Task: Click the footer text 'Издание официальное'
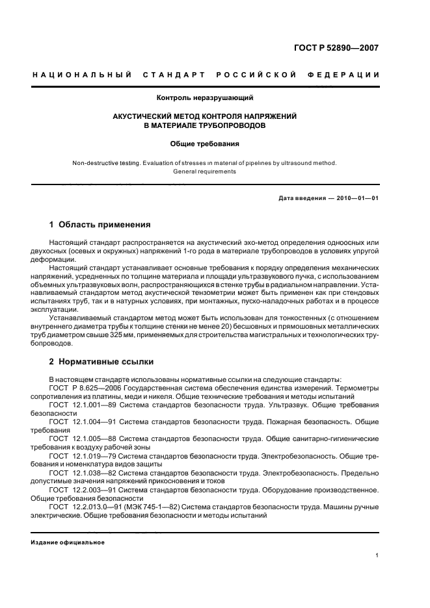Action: [68, 542]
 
